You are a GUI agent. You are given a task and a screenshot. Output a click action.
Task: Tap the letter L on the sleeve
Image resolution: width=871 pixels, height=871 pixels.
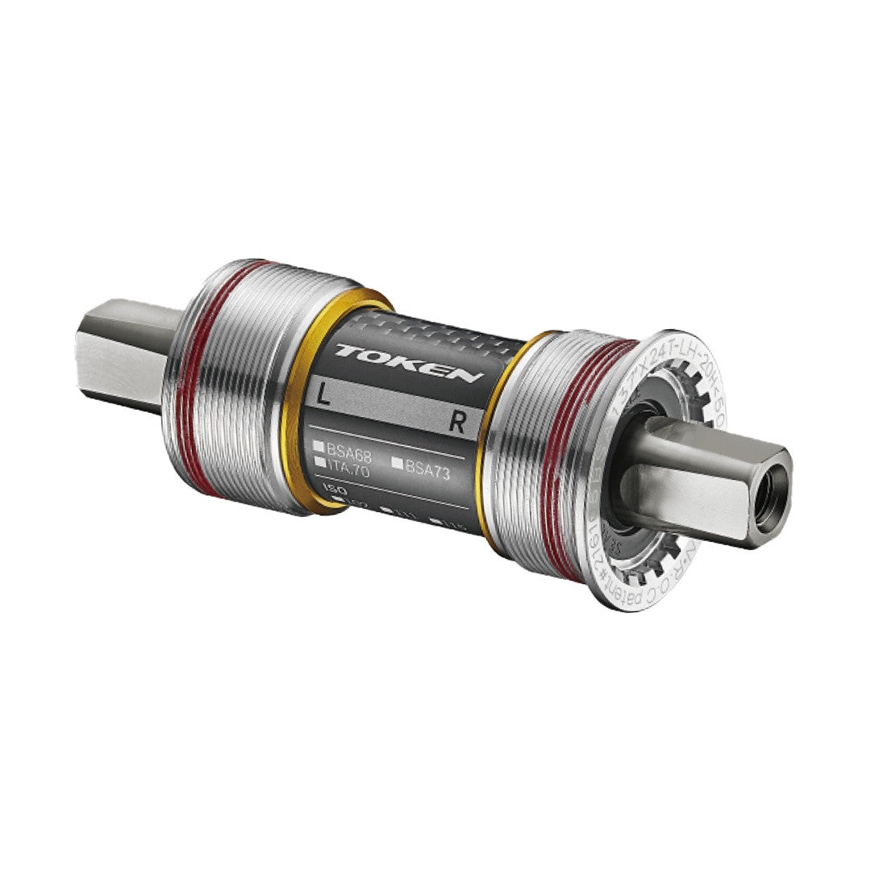(x=323, y=395)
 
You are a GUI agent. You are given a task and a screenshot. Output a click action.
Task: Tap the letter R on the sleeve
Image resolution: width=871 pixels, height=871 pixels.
(x=457, y=425)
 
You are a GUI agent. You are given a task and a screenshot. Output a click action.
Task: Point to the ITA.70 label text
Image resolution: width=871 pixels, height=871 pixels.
(x=348, y=465)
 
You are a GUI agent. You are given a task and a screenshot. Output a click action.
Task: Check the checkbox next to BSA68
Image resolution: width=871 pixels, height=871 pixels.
(x=320, y=445)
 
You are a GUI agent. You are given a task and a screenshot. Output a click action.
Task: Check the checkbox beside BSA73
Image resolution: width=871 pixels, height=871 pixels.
(x=397, y=463)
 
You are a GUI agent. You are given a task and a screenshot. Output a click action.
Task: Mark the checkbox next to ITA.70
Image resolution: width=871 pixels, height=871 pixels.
(x=320, y=462)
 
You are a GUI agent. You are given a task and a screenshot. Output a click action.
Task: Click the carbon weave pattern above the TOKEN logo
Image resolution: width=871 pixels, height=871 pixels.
(x=419, y=331)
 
